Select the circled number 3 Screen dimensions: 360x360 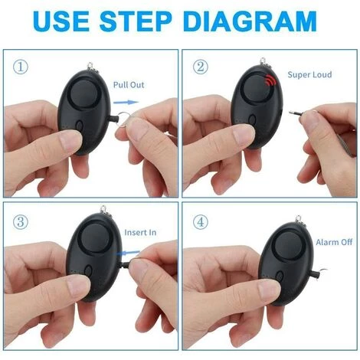(x=18, y=222)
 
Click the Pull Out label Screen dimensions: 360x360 (x=129, y=85)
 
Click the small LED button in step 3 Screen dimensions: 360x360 (x=90, y=271)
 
